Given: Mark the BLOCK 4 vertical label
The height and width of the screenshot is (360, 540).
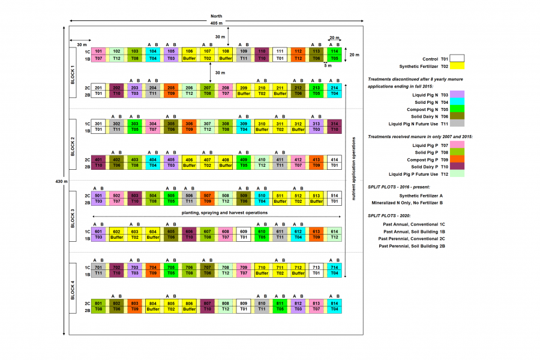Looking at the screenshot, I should [73, 289].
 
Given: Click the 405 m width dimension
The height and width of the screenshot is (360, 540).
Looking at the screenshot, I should [217, 23].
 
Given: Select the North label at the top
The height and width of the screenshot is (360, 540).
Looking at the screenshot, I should [217, 16].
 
